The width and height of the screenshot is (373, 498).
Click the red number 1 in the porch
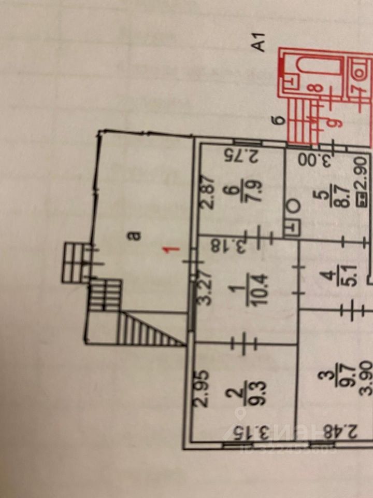click(x=175, y=250)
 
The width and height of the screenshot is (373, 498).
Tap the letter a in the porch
click(x=136, y=236)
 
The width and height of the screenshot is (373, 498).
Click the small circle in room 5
click(x=293, y=205)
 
